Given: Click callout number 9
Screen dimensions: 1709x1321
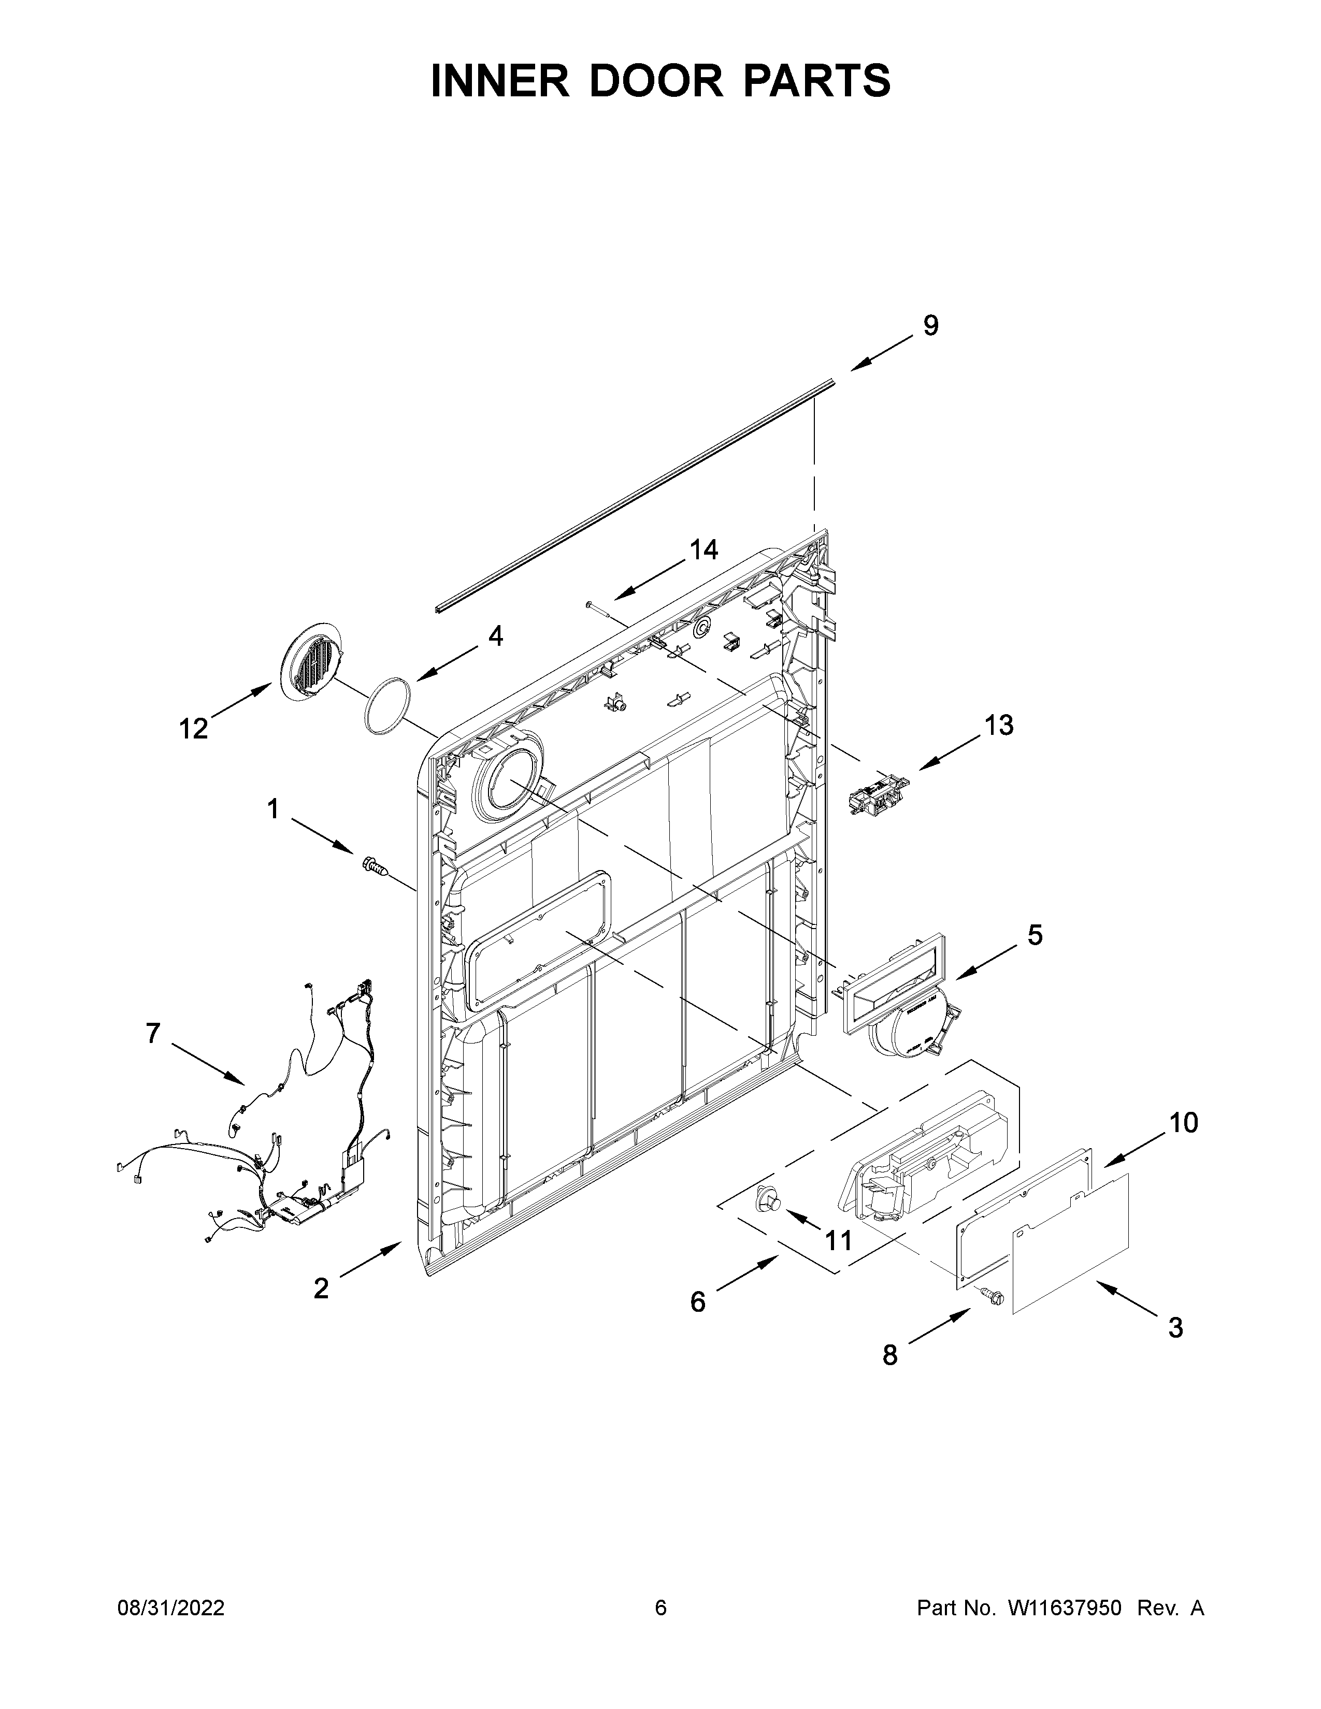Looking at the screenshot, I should point(930,326).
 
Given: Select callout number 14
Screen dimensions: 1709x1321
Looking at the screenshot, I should point(703,550).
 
